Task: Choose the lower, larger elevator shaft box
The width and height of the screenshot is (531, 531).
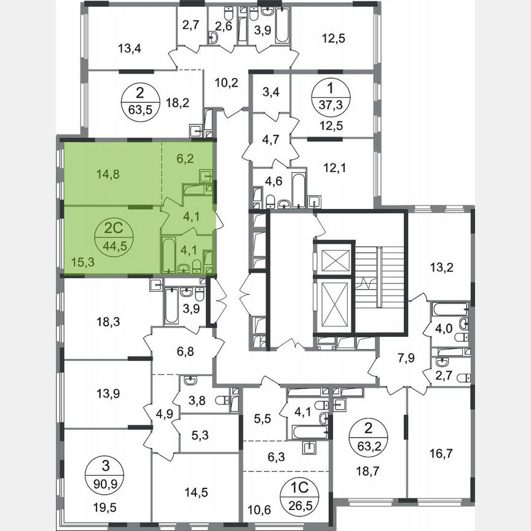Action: pos(334,305)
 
